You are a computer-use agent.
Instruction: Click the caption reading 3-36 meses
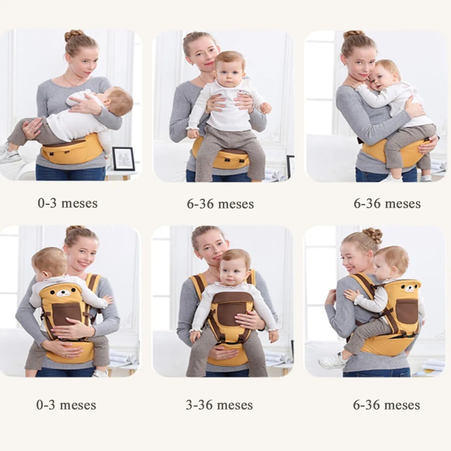(219, 405)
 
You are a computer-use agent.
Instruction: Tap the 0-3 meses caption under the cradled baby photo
(68, 203)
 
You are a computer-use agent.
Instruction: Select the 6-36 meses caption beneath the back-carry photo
(386, 405)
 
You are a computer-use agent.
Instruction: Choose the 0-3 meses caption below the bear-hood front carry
(66, 405)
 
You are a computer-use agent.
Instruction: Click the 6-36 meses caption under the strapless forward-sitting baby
(220, 204)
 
